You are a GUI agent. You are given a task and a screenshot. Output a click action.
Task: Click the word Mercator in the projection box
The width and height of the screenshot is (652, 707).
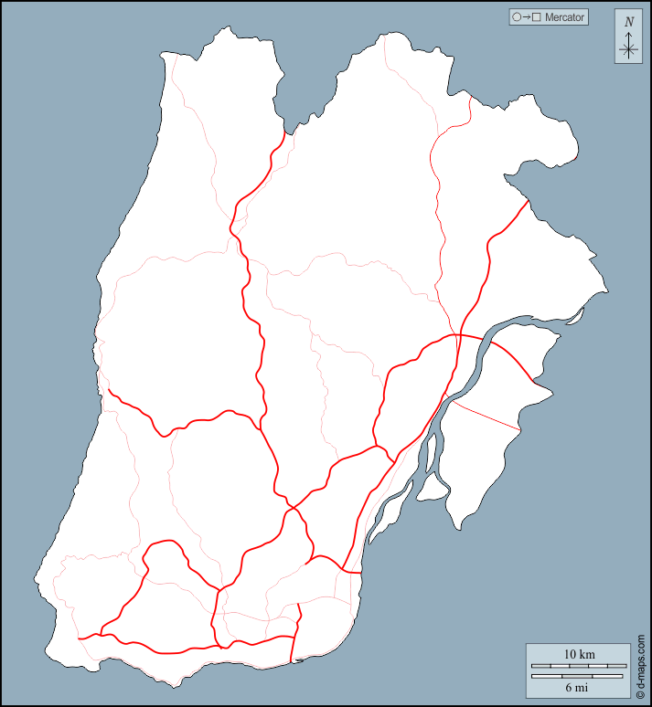(564, 16)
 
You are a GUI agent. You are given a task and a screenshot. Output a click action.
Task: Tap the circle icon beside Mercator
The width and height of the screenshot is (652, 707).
(517, 16)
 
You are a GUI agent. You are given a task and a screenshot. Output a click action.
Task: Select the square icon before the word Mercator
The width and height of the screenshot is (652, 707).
(537, 16)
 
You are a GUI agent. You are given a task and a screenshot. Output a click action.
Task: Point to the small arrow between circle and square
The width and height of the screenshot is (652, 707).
(527, 16)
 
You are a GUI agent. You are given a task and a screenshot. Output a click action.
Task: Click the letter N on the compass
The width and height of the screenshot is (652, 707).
(628, 21)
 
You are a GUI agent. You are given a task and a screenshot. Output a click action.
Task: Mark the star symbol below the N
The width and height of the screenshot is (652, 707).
(628, 50)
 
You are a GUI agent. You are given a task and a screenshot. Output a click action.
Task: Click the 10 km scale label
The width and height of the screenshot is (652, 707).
(579, 654)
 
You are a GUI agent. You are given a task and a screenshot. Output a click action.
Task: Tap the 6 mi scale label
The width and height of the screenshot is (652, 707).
(577, 687)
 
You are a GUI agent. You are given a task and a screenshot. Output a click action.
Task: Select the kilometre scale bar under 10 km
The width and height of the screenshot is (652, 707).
(579, 666)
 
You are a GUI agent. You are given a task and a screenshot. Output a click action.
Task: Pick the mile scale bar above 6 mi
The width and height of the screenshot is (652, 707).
(579, 676)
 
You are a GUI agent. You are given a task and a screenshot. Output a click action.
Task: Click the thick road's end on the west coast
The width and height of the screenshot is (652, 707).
(110, 390)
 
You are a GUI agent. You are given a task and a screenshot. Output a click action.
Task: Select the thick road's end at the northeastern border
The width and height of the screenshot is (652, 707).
(529, 200)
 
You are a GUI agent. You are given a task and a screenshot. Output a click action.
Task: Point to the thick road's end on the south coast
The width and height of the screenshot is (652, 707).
(292, 662)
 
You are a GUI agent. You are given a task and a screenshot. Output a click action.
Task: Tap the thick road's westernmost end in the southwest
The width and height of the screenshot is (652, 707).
(80, 638)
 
